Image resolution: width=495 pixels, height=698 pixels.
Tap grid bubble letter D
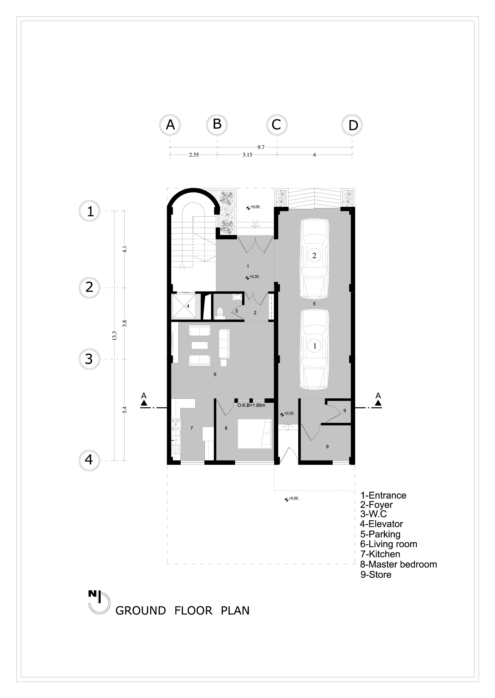(353, 125)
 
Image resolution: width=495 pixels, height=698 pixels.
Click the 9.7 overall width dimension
(261, 147)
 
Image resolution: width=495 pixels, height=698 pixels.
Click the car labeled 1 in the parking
(315, 349)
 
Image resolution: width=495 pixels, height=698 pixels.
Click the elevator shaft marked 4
(184, 306)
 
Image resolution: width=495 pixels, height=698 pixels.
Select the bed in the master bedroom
(254, 433)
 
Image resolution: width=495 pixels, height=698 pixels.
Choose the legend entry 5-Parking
(380, 534)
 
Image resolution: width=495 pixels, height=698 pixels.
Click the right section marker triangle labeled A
(378, 403)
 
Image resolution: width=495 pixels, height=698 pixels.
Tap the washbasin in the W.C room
(237, 297)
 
